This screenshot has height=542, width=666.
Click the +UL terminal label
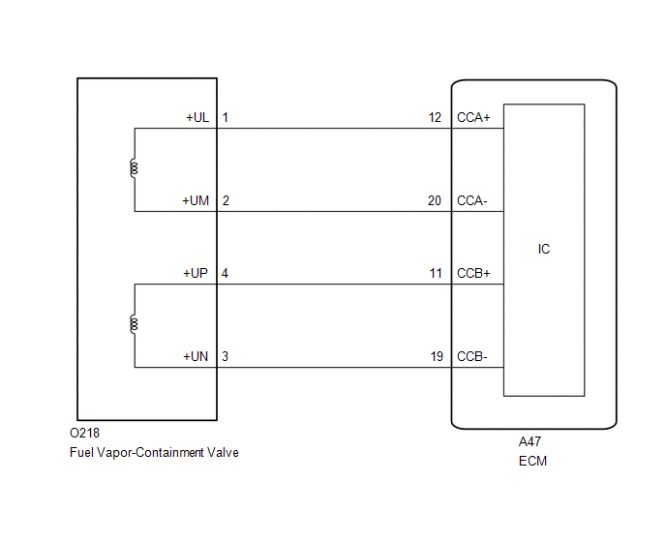[197, 118]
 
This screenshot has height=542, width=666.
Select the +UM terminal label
[196, 200]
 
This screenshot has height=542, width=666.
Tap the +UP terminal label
[196, 273]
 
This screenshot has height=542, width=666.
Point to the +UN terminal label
[196, 356]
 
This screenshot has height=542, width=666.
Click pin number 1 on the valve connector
[226, 118]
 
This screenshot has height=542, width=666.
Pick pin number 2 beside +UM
[226, 200]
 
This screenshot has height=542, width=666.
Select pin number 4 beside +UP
[225, 273]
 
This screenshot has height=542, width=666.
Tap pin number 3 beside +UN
[226, 356]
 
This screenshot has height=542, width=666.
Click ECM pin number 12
[435, 118]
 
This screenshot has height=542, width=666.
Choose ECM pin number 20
[435, 200]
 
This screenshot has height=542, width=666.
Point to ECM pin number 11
[436, 273]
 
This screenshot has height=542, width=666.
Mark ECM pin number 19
[437, 356]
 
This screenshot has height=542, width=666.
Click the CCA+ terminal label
[473, 118]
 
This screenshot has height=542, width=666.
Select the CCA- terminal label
[471, 200]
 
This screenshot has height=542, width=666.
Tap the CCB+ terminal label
[473, 273]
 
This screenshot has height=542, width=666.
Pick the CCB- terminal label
[471, 356]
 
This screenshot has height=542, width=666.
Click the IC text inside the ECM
[544, 249]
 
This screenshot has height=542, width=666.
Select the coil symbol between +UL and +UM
[134, 168]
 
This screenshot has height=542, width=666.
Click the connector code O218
[84, 433]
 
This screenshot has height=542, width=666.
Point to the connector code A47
[530, 441]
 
